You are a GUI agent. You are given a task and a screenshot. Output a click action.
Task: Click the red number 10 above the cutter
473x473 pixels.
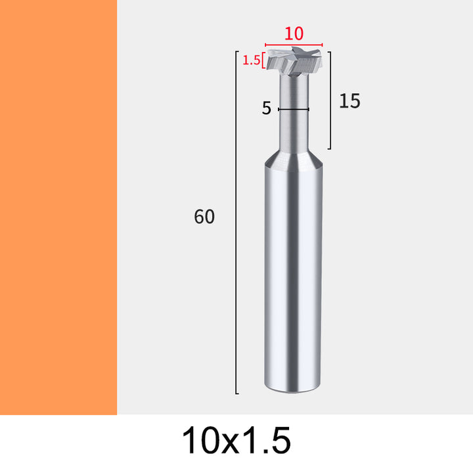(x=294, y=34)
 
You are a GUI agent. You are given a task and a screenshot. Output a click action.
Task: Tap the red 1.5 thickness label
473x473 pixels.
(x=251, y=60)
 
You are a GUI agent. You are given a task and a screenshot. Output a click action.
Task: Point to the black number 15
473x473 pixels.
(x=349, y=101)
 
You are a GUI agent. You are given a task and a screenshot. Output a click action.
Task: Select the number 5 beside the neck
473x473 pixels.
(x=266, y=108)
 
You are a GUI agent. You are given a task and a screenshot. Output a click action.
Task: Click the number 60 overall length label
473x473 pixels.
(x=204, y=216)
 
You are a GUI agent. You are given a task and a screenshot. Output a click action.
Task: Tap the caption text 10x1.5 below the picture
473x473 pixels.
(x=236, y=440)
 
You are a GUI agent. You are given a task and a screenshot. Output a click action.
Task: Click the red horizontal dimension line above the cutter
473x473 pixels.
(x=294, y=45)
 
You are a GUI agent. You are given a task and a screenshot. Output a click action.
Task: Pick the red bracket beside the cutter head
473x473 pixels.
(x=263, y=60)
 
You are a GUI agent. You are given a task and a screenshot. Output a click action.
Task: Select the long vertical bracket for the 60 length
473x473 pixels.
(x=236, y=222)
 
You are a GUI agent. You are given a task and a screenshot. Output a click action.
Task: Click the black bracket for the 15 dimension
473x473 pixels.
(x=330, y=100)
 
